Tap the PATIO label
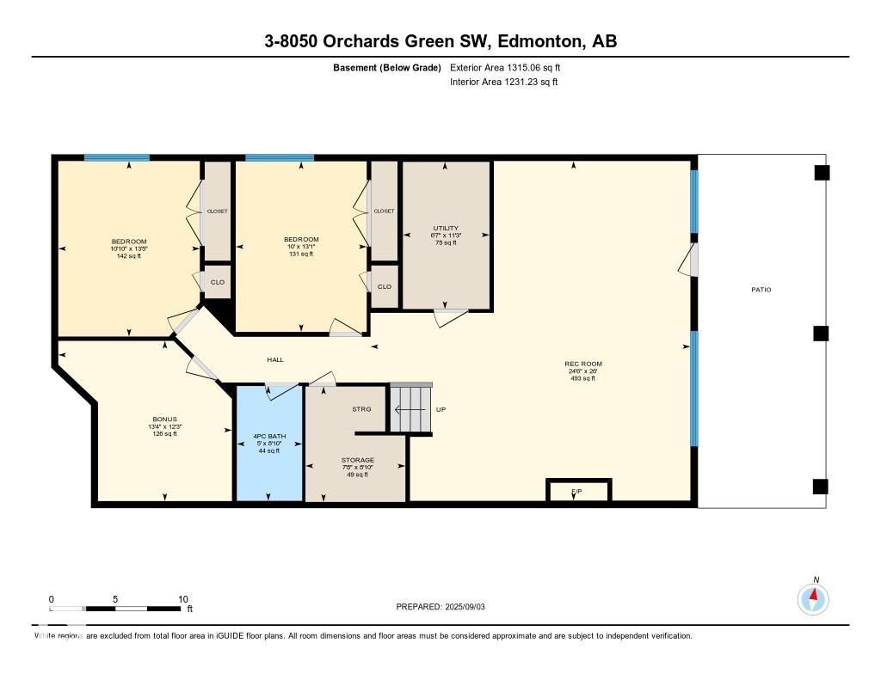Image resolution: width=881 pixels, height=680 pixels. tap(761, 290)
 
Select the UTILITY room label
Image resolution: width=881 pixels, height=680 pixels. tap(446, 228)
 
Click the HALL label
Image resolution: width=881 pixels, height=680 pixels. tap(275, 360)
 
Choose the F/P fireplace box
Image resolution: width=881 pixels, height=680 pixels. tap(578, 491)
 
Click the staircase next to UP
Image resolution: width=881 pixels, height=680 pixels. tap(410, 409)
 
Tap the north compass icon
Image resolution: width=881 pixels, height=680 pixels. tap(813, 597)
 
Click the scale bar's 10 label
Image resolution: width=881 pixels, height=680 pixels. tap(182, 599)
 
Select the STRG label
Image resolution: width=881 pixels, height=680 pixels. tap(361, 409)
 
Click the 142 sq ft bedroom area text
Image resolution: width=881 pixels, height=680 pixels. tap(129, 255)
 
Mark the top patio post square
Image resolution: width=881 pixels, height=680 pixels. tap(822, 173)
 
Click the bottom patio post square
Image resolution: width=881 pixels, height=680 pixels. tap(821, 487)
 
